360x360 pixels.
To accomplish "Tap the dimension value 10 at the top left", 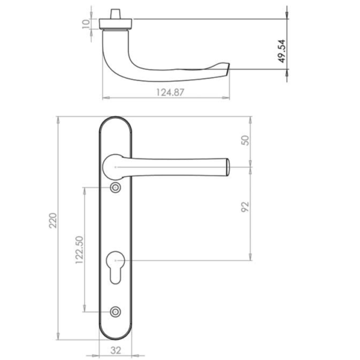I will pyautogui.click(x=86, y=23).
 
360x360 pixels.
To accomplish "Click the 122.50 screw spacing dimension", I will pyautogui.click(x=77, y=250).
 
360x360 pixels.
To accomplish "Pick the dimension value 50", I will pyautogui.click(x=244, y=142).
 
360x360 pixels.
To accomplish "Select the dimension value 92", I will pyautogui.click(x=244, y=208).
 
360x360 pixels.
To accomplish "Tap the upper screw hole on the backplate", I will pyautogui.click(x=115, y=188).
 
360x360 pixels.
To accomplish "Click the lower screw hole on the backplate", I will pyautogui.click(x=115, y=311).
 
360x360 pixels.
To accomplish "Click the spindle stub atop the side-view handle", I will pyautogui.click(x=115, y=13).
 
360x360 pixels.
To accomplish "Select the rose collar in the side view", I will pyautogui.click(x=115, y=24).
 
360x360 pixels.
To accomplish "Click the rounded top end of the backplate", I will pyautogui.click(x=115, y=122).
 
